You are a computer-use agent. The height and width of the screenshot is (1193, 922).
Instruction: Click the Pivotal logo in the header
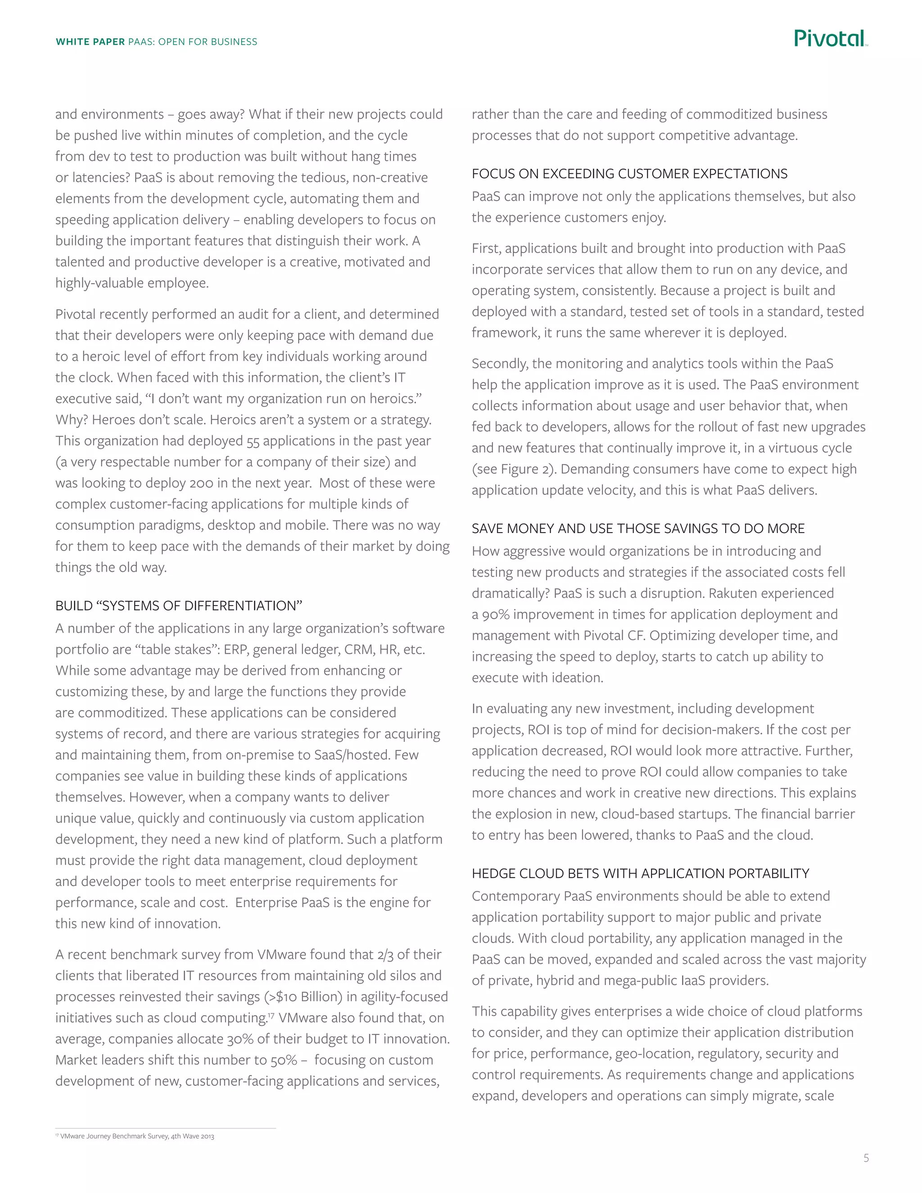click(830, 39)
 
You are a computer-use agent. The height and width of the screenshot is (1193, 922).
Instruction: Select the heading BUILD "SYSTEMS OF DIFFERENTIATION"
click(179, 606)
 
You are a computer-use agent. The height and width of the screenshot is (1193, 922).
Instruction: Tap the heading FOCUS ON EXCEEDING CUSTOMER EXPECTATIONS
click(629, 174)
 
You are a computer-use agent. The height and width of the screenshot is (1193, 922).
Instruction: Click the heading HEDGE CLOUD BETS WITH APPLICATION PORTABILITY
click(640, 873)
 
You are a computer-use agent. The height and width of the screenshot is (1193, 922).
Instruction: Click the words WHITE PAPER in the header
click(90, 42)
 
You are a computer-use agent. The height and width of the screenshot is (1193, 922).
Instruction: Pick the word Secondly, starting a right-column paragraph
click(499, 364)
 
